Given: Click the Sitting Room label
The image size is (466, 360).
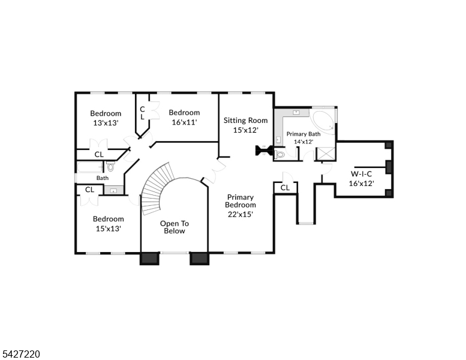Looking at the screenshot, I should coord(245,125).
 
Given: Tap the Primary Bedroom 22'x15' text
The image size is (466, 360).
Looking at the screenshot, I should coord(240,205).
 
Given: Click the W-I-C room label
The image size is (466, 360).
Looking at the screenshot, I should coord(362,179).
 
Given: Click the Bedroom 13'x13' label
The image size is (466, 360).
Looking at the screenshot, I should coord(105,118).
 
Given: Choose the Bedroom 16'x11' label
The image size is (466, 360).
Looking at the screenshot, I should coord(184,117).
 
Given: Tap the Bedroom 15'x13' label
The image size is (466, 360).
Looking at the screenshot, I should coord(108,223).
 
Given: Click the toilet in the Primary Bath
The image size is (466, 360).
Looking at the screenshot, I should coord(280,154).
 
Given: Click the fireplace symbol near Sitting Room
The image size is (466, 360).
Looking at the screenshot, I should coord(263,150).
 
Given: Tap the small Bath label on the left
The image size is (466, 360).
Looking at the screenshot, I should coord(103,178).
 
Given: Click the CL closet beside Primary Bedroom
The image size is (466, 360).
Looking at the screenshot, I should coord(285,188).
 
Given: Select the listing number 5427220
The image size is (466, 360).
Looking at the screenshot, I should coord(21,354).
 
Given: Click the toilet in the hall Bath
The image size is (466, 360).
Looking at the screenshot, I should coord(110,166).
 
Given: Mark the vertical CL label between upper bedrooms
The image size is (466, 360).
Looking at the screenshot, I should coord(143,113).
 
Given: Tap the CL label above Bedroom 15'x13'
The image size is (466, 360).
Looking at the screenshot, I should coord(89,190).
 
